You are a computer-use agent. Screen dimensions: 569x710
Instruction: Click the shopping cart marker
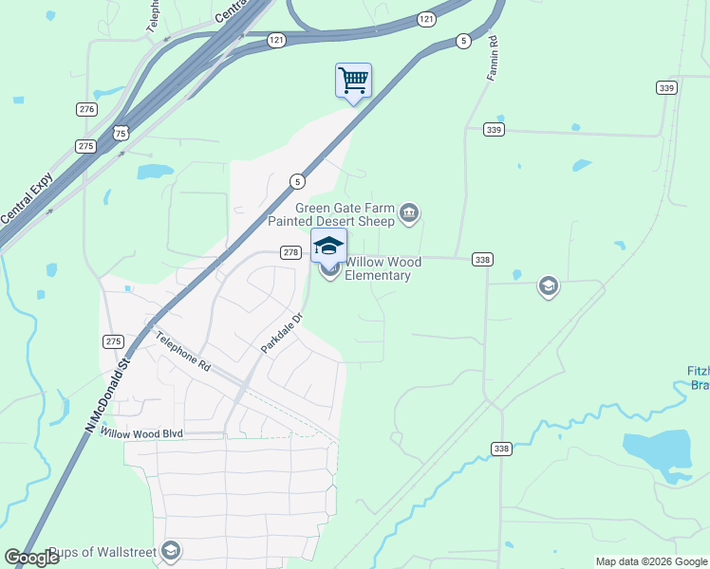353,82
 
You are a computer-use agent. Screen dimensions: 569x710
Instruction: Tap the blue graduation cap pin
328,247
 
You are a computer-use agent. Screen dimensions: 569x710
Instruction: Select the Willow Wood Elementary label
378,268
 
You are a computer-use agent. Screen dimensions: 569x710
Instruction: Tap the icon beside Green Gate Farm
409,213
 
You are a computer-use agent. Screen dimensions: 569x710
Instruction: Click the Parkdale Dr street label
281,335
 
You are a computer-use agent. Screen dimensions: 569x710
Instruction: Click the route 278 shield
290,252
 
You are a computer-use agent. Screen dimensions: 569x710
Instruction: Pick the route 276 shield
87,110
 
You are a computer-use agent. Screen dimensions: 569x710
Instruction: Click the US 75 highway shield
121,133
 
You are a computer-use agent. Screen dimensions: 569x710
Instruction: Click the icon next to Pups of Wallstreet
171,550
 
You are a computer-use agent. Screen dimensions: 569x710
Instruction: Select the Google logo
31,558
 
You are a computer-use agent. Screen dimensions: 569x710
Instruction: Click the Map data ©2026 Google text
650,561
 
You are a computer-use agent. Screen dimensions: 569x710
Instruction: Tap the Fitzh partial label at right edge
697,377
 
